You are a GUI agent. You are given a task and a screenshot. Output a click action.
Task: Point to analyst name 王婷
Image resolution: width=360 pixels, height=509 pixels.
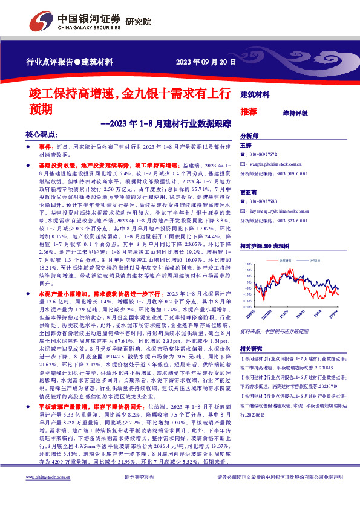pyautogui.click(x=246, y=146)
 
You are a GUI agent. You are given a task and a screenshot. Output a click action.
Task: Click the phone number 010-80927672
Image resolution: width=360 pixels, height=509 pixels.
pyautogui.click(x=263, y=155)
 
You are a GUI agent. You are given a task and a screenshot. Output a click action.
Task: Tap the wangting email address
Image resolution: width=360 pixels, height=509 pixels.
pyautogui.click(x=275, y=164)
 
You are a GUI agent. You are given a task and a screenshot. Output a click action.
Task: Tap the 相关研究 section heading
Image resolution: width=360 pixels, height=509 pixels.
pyautogui.click(x=251, y=349)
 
